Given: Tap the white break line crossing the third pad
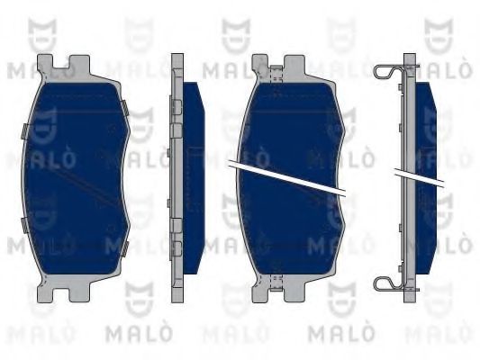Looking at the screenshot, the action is (287, 177).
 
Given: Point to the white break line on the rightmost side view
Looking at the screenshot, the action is (419, 176).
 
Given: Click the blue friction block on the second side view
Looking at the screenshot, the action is (194, 178).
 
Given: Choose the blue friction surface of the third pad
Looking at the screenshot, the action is (291, 178).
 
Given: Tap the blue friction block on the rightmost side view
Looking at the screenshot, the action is (426, 178).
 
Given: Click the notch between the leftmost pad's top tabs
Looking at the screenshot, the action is (61, 64).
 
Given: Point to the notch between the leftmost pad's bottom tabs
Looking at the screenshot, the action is (61, 294).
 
